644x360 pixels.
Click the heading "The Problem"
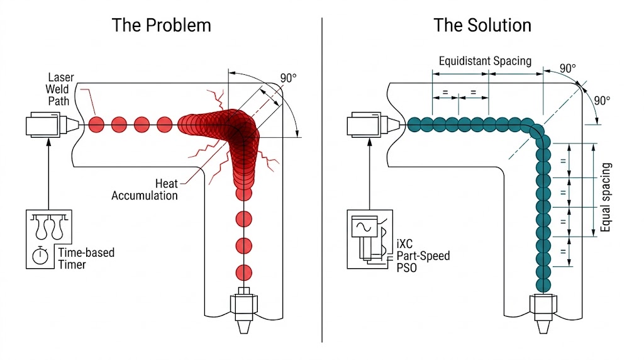coord(161,25)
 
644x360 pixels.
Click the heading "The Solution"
coord(482,25)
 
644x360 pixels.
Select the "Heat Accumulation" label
coord(145,189)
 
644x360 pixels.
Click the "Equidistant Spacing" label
coord(485,61)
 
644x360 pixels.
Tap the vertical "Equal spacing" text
coord(606,197)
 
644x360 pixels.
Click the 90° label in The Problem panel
coord(288,79)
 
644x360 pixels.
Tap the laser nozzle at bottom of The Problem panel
coord(243,308)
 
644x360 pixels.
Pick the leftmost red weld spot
coord(96,124)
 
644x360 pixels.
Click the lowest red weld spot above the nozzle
coord(243,273)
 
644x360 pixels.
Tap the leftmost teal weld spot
coord(415,124)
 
